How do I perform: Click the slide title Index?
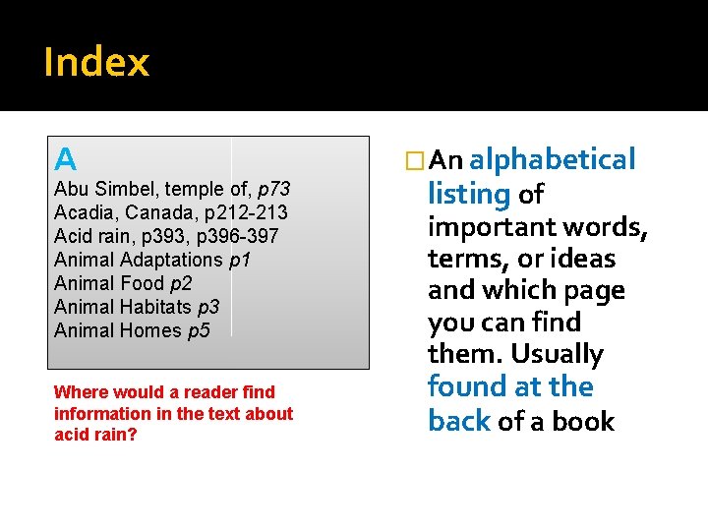pos(96,62)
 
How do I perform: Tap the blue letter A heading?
pos(65,158)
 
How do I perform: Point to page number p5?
pos(199,330)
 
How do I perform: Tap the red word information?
pos(112,413)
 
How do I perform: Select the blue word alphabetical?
pos(553,159)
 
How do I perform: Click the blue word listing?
pos(468,194)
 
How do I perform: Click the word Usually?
pos(557,354)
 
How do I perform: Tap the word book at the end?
pos(587,421)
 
